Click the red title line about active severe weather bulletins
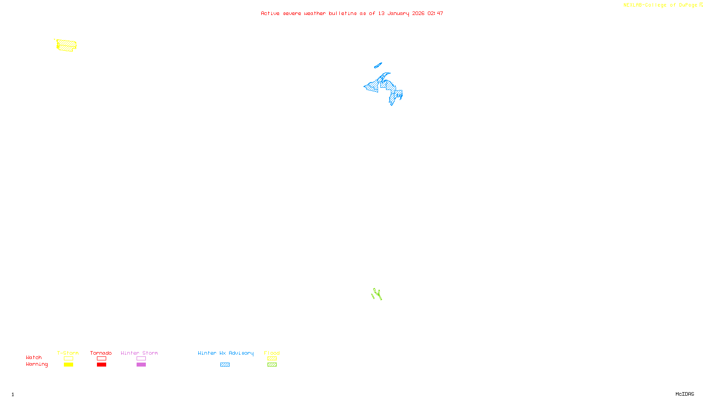pyautogui.click(x=352, y=14)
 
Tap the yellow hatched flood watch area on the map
pyautogui.click(x=67, y=45)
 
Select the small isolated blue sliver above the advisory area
pyautogui.click(x=378, y=66)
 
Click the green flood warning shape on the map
pyautogui.click(x=377, y=294)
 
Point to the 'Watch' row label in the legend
pyautogui.click(x=34, y=358)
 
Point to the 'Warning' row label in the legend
pyautogui.click(x=37, y=364)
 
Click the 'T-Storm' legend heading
pyautogui.click(x=68, y=353)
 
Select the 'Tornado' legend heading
pyautogui.click(x=101, y=353)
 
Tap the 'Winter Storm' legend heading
pyautogui.click(x=139, y=353)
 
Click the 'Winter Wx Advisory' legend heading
pyautogui.click(x=226, y=353)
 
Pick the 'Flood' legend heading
pyautogui.click(x=272, y=353)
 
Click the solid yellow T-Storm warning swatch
pyautogui.click(x=68, y=365)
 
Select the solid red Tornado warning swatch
pyautogui.click(x=102, y=365)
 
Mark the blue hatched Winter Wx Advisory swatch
pyautogui.click(x=225, y=365)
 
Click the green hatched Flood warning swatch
pyautogui.click(x=272, y=365)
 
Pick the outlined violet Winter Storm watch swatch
pyautogui.click(x=141, y=359)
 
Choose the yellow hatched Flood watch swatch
pyautogui.click(x=272, y=359)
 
